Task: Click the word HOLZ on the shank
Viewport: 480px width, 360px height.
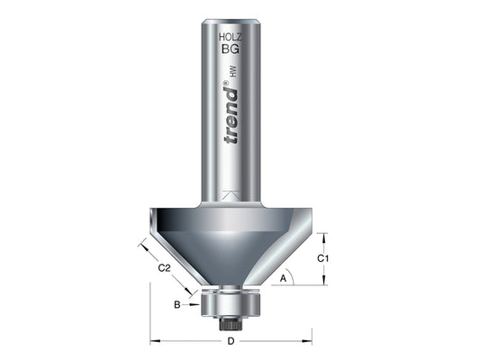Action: click(x=231, y=37)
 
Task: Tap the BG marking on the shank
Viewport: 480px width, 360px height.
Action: click(x=231, y=49)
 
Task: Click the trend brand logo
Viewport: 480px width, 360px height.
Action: click(x=231, y=115)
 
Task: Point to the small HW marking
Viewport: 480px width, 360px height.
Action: click(x=234, y=71)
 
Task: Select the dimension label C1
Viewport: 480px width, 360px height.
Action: click(x=322, y=259)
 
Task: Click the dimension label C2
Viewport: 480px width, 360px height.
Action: click(x=164, y=268)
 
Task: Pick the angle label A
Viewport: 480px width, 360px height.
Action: click(x=284, y=279)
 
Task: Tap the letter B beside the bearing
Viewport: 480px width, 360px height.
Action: click(x=177, y=304)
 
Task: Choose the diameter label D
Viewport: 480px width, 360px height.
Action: click(x=231, y=341)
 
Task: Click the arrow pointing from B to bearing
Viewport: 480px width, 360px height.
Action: click(x=192, y=304)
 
